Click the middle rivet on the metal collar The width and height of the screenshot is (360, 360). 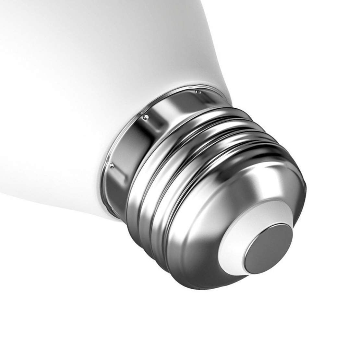coord(146,116)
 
